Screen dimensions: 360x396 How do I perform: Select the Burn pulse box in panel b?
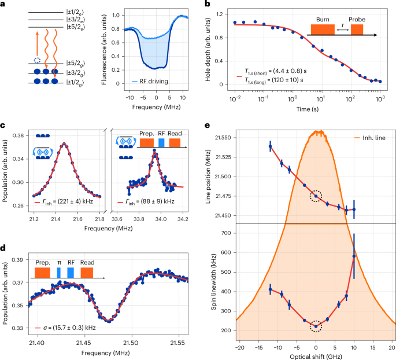tap(323, 30)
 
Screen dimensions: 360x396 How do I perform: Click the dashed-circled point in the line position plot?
tap(316, 196)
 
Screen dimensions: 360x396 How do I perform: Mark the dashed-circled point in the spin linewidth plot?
tap(316, 326)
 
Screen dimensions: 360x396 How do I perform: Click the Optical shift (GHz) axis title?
tap(316, 357)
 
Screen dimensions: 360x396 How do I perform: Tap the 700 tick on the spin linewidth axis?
tap(228, 232)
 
